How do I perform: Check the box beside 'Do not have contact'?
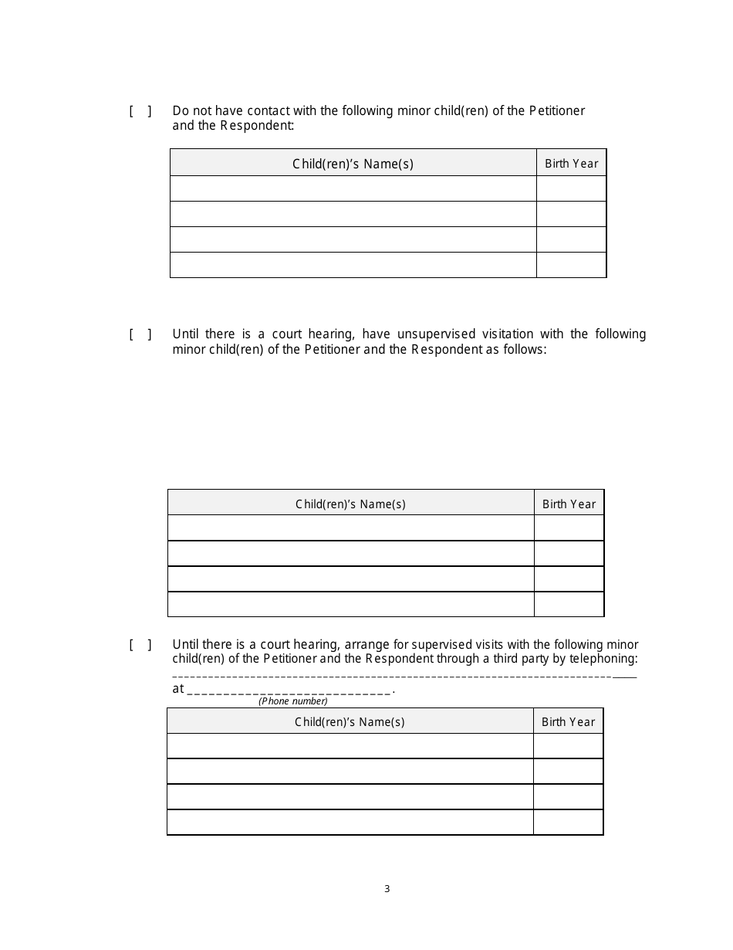coord(140,111)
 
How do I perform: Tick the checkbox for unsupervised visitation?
coord(140,334)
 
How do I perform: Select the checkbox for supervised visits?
coord(140,645)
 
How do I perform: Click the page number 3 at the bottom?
coord(387,889)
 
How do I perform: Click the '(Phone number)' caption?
coord(292,701)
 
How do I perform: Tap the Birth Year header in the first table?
coord(571,164)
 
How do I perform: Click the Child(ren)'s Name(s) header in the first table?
coord(353,164)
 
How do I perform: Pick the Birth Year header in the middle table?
coord(569,504)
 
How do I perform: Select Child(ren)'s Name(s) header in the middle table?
coord(350,504)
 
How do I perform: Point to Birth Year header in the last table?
coord(568,722)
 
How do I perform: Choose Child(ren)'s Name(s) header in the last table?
coord(350,722)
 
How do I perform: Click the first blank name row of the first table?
coord(353,188)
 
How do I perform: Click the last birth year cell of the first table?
coord(571,265)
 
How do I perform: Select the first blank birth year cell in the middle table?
coord(569,528)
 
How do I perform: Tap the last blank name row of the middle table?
coord(350,604)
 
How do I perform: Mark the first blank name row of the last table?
coord(350,746)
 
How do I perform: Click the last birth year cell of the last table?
coord(568,823)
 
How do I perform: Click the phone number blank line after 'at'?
coord(289,690)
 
